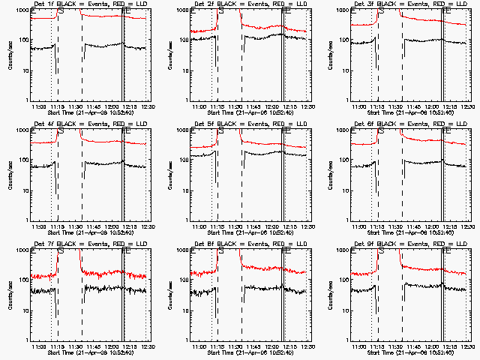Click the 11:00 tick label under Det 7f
coord(40,346)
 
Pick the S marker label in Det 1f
coord(60,12)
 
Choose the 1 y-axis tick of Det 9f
coord(349,339)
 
